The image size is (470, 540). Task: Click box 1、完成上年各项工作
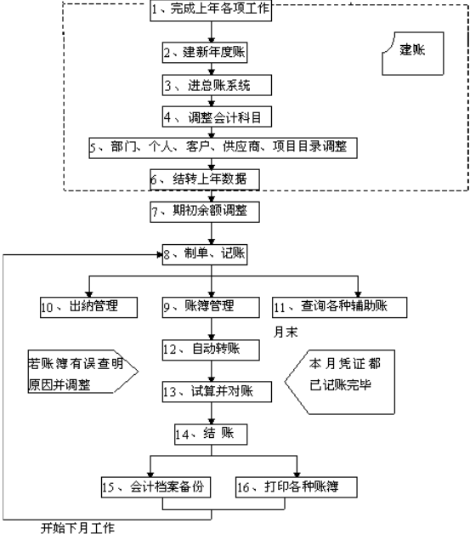[x=211, y=11]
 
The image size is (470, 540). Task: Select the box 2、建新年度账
[x=205, y=53]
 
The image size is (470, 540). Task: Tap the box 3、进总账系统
[x=217, y=85]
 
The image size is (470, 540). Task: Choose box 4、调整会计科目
[x=217, y=117]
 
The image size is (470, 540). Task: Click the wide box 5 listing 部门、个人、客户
[x=223, y=148]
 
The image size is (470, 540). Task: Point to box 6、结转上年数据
[x=205, y=179]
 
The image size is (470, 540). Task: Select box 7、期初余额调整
[x=205, y=212]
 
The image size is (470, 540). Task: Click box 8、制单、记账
[x=205, y=254]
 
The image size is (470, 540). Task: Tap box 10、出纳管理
[x=88, y=308]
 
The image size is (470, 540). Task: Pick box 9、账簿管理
[x=211, y=308]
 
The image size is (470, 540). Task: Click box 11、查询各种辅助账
[x=340, y=308]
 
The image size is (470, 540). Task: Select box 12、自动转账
[x=211, y=350]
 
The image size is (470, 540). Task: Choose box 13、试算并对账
[x=217, y=391]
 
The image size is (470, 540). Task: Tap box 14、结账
[x=211, y=435]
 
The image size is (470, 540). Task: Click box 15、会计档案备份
[x=156, y=487]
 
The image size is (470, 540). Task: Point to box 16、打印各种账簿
[x=297, y=487]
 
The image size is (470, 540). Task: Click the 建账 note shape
[x=413, y=54]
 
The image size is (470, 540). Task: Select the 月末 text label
[x=286, y=333]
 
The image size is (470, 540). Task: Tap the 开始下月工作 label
[x=77, y=528]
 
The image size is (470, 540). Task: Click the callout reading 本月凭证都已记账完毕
[x=340, y=382]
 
